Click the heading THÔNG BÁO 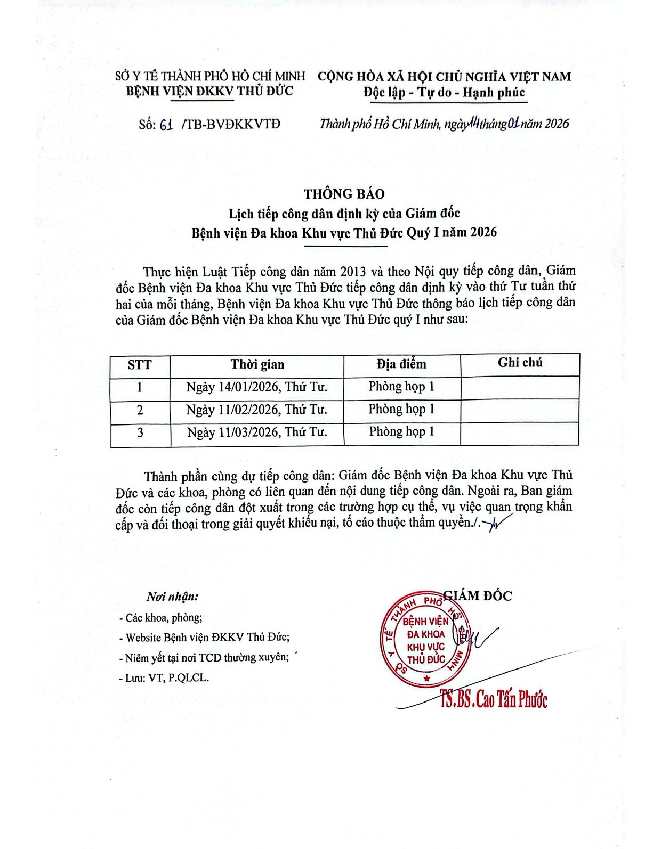[344, 194]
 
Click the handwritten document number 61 [166, 125]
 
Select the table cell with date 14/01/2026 [256, 387]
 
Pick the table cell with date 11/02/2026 [256, 410]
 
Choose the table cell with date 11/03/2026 [256, 432]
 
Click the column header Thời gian [257, 365]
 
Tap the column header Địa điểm [401, 364]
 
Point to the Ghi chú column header [520, 363]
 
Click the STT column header [140, 365]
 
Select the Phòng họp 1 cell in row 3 [401, 431]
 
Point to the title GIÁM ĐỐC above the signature [480, 596]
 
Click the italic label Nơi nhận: [172, 597]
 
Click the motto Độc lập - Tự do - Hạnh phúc [444, 93]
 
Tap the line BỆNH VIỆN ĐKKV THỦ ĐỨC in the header [209, 91]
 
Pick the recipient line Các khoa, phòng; [162, 618]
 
